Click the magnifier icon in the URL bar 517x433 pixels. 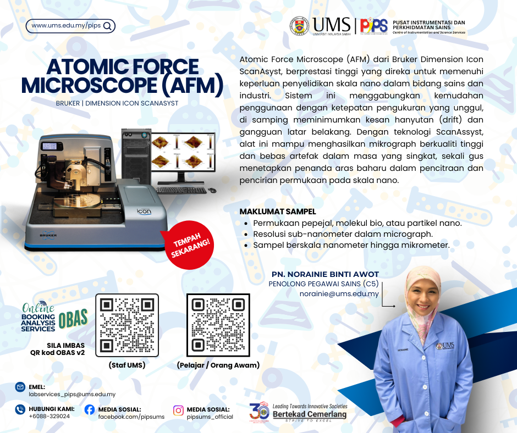[x=107, y=26]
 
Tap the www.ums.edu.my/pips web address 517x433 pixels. [x=66, y=25]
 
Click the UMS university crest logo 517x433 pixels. [x=299, y=26]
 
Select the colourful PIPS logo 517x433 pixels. [x=373, y=25]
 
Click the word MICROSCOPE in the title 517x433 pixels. [x=89, y=85]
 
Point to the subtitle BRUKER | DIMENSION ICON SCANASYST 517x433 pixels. [x=117, y=103]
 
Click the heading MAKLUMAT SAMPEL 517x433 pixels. [x=278, y=212]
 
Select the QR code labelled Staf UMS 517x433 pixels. [x=127, y=325]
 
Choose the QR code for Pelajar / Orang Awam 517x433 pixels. [x=218, y=325]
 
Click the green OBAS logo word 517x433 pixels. [x=73, y=319]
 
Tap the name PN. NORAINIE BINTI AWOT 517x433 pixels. [x=325, y=274]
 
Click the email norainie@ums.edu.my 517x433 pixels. [x=339, y=293]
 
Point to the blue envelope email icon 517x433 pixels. [x=20, y=387]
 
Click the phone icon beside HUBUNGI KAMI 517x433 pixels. [x=20, y=409]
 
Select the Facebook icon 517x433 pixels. [x=90, y=409]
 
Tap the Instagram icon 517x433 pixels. [x=178, y=410]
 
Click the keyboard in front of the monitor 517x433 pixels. [x=181, y=190]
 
